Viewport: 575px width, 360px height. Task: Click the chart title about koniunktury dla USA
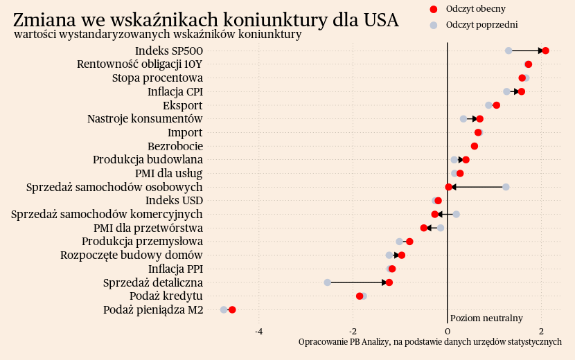click(206, 20)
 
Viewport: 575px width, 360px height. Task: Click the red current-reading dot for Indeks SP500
click(546, 51)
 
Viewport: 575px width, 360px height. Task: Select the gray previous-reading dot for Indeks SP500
click(508, 51)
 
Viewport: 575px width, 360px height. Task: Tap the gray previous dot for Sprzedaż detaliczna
click(327, 282)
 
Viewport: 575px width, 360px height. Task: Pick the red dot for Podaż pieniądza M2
click(232, 309)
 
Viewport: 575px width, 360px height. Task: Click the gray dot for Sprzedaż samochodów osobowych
click(506, 187)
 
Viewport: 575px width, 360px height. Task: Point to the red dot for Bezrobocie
click(475, 146)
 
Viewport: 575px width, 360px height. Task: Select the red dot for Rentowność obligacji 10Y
click(529, 64)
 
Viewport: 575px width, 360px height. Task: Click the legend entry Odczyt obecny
click(475, 9)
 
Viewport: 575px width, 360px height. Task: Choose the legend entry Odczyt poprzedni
click(481, 25)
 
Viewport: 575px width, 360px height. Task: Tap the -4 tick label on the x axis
click(259, 332)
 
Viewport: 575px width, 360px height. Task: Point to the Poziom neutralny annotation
click(486, 318)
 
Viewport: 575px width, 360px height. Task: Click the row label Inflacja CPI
click(175, 91)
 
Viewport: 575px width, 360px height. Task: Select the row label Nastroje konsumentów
click(145, 119)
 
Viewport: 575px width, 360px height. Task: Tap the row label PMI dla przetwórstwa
click(148, 228)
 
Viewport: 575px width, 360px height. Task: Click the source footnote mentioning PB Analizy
click(430, 342)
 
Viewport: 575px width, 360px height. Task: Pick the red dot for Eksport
click(496, 105)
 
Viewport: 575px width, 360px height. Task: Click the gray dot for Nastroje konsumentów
click(463, 119)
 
